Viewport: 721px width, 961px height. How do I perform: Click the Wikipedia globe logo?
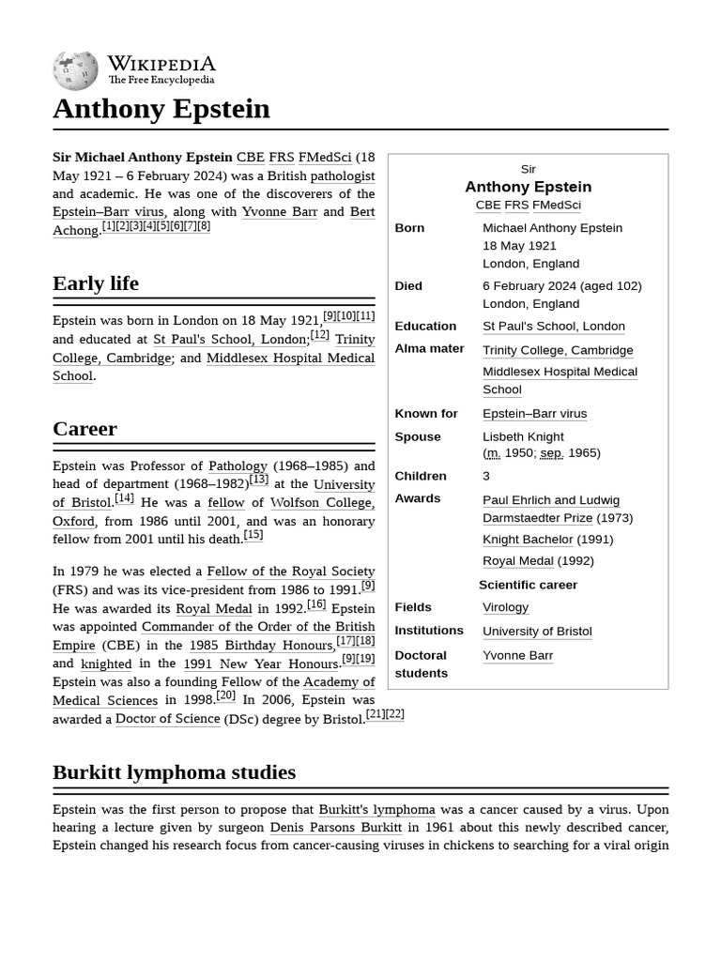point(75,69)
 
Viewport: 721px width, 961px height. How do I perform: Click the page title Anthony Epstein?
point(161,109)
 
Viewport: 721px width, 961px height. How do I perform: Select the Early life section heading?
point(96,283)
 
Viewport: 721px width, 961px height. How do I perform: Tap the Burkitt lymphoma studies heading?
point(174,772)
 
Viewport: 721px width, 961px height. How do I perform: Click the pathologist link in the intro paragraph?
point(342,175)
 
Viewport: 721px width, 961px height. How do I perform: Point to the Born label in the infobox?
point(409,228)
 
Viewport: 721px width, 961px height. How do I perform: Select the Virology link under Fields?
point(505,607)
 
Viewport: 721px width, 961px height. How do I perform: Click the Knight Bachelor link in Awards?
point(527,540)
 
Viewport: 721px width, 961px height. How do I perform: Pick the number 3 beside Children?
point(486,476)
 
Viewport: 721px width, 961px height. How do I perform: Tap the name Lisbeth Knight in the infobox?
point(523,436)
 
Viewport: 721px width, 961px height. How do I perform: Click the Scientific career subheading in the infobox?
point(528,585)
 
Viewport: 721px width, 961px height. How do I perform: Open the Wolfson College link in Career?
point(322,503)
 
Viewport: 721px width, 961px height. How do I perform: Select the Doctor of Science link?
point(167,719)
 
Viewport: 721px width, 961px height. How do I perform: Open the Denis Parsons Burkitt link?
point(335,828)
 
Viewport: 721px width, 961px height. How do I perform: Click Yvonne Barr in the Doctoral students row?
point(517,655)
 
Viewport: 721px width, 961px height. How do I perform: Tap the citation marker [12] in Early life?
point(319,335)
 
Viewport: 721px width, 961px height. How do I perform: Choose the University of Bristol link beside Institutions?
point(537,631)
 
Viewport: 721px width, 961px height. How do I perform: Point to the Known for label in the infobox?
point(426,414)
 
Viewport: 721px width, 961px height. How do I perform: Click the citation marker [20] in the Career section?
point(225,695)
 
